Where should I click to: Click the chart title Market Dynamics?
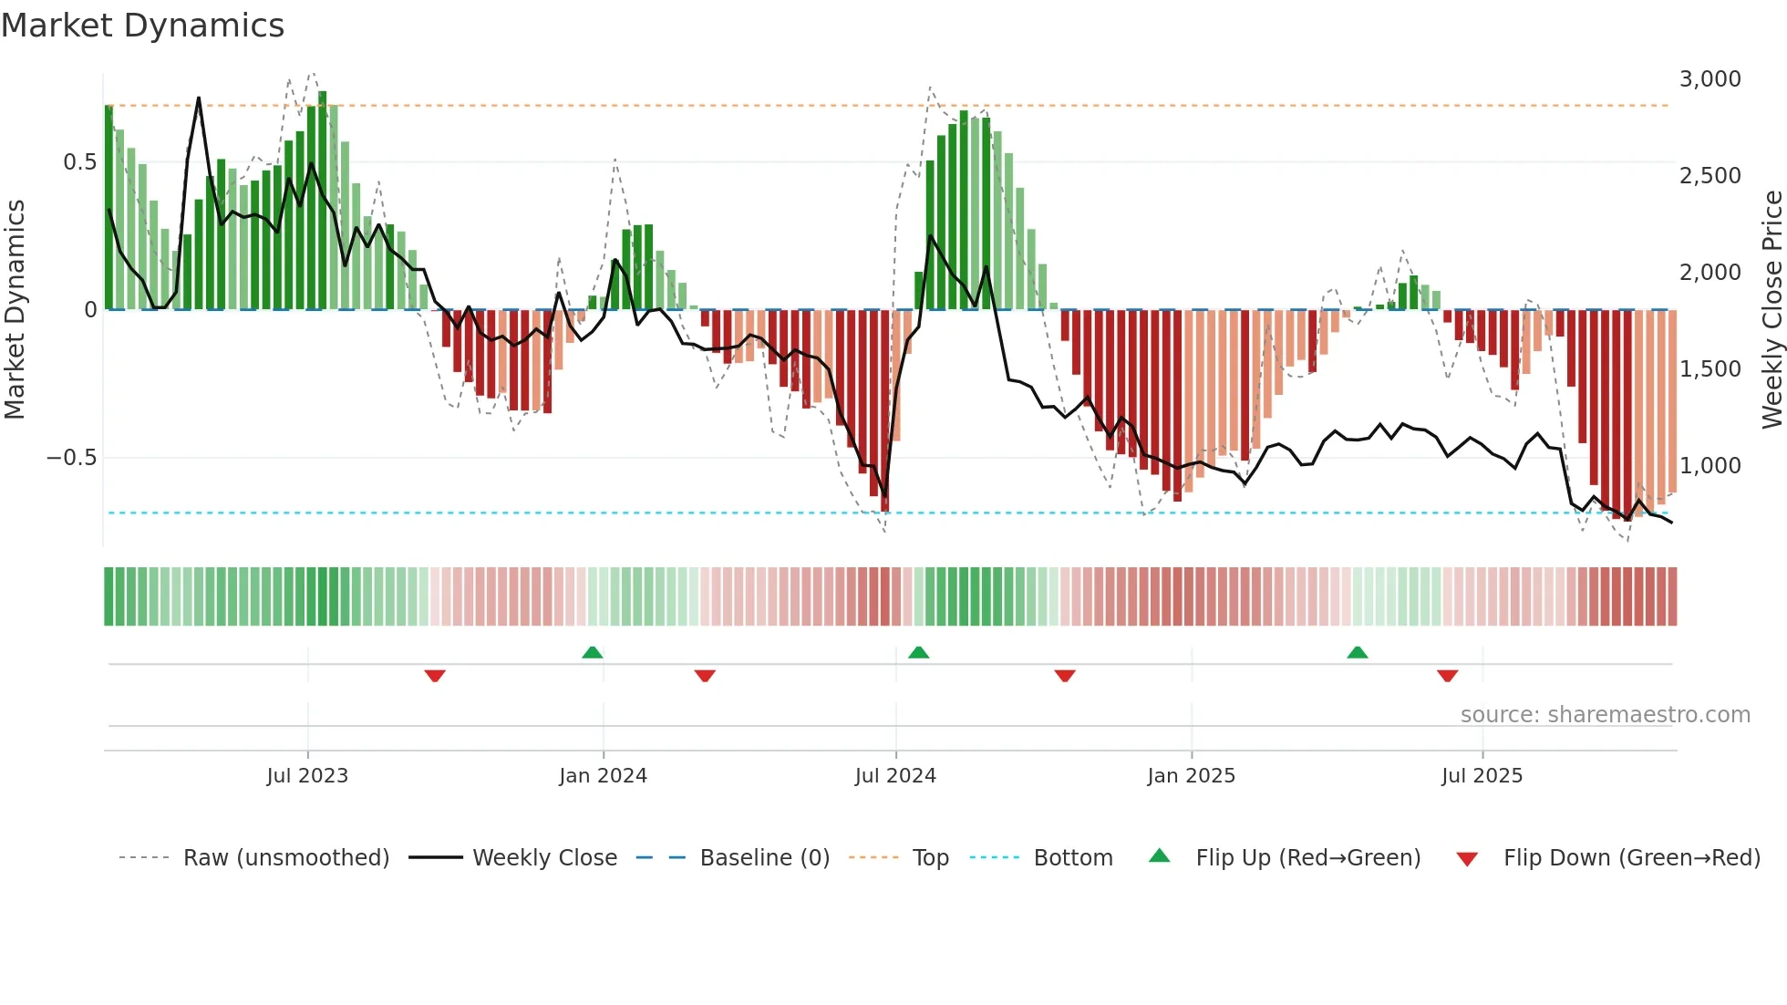(x=142, y=26)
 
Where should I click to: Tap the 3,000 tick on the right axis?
(x=1710, y=79)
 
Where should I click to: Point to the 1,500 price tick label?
(x=1710, y=369)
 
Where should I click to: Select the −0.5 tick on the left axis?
(x=71, y=458)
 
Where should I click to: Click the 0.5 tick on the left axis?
(x=79, y=162)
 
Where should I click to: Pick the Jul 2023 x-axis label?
(x=307, y=776)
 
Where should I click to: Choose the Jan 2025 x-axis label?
(x=1191, y=776)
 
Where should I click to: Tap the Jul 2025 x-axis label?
(x=1482, y=776)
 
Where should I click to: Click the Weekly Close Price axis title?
(x=1772, y=310)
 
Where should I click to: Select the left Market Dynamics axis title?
(x=15, y=310)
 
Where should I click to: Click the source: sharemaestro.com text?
(x=1605, y=715)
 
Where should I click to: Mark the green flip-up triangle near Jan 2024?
(x=593, y=652)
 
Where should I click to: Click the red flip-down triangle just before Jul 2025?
(x=1447, y=676)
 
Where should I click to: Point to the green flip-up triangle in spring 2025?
(x=1357, y=652)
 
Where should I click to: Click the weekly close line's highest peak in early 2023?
(x=199, y=98)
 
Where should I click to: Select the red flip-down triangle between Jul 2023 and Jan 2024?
(x=435, y=676)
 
